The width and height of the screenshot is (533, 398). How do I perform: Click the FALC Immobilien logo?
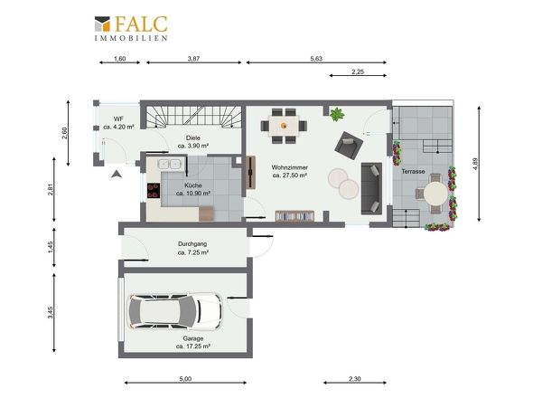(x=131, y=28)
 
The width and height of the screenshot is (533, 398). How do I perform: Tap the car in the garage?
(x=174, y=311)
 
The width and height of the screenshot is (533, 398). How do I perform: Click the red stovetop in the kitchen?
(x=154, y=190)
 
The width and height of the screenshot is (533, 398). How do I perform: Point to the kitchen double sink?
(x=169, y=164)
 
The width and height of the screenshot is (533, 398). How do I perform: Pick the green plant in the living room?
(x=337, y=114)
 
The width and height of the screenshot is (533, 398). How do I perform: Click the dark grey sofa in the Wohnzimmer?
(x=371, y=189)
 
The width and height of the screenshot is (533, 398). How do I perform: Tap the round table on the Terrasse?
(x=435, y=193)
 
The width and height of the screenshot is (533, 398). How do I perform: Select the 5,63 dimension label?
(x=316, y=59)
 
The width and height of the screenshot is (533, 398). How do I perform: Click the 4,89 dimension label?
(x=475, y=164)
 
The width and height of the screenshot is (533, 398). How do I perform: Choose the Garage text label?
(x=193, y=338)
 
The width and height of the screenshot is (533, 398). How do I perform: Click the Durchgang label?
(x=192, y=243)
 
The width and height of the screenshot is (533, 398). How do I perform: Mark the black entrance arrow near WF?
(x=117, y=174)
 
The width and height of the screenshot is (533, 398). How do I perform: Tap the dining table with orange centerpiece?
(x=284, y=126)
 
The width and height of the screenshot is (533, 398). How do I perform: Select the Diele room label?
(x=193, y=137)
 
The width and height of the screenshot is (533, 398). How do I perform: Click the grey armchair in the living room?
(x=349, y=146)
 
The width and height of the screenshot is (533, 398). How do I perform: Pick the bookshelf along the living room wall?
(x=295, y=216)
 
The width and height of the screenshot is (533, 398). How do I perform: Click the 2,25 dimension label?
(x=358, y=71)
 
